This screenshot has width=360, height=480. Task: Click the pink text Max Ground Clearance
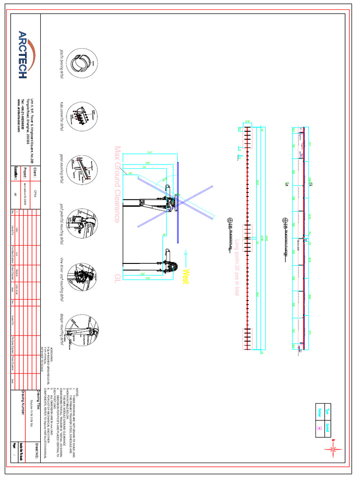(x=117, y=184)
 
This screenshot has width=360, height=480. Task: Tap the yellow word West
(x=186, y=275)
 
